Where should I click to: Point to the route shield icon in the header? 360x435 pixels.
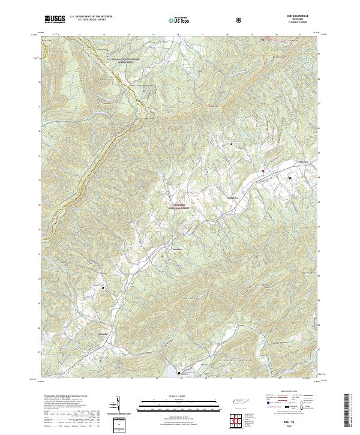pyautogui.click(x=239, y=20)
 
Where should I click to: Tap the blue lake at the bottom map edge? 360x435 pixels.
pyautogui.click(x=179, y=374)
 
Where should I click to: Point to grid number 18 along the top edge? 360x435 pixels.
pyautogui.click(x=227, y=35)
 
